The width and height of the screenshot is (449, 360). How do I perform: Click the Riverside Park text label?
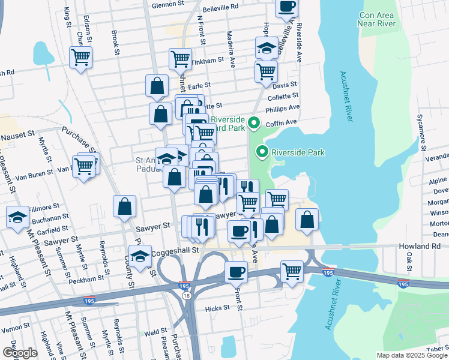tap(298, 152)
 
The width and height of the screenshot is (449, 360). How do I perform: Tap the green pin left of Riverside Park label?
tap(262, 152)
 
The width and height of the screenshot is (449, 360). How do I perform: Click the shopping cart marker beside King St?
tap(80, 58)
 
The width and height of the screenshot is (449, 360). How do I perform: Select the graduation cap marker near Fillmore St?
tap(18, 216)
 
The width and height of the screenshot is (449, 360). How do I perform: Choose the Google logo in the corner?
tap(20, 353)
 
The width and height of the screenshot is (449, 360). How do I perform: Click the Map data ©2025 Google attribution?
tap(412, 355)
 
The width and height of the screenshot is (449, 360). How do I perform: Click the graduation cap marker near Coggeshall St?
tap(140, 256)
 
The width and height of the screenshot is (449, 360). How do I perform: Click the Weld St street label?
tap(155, 331)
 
